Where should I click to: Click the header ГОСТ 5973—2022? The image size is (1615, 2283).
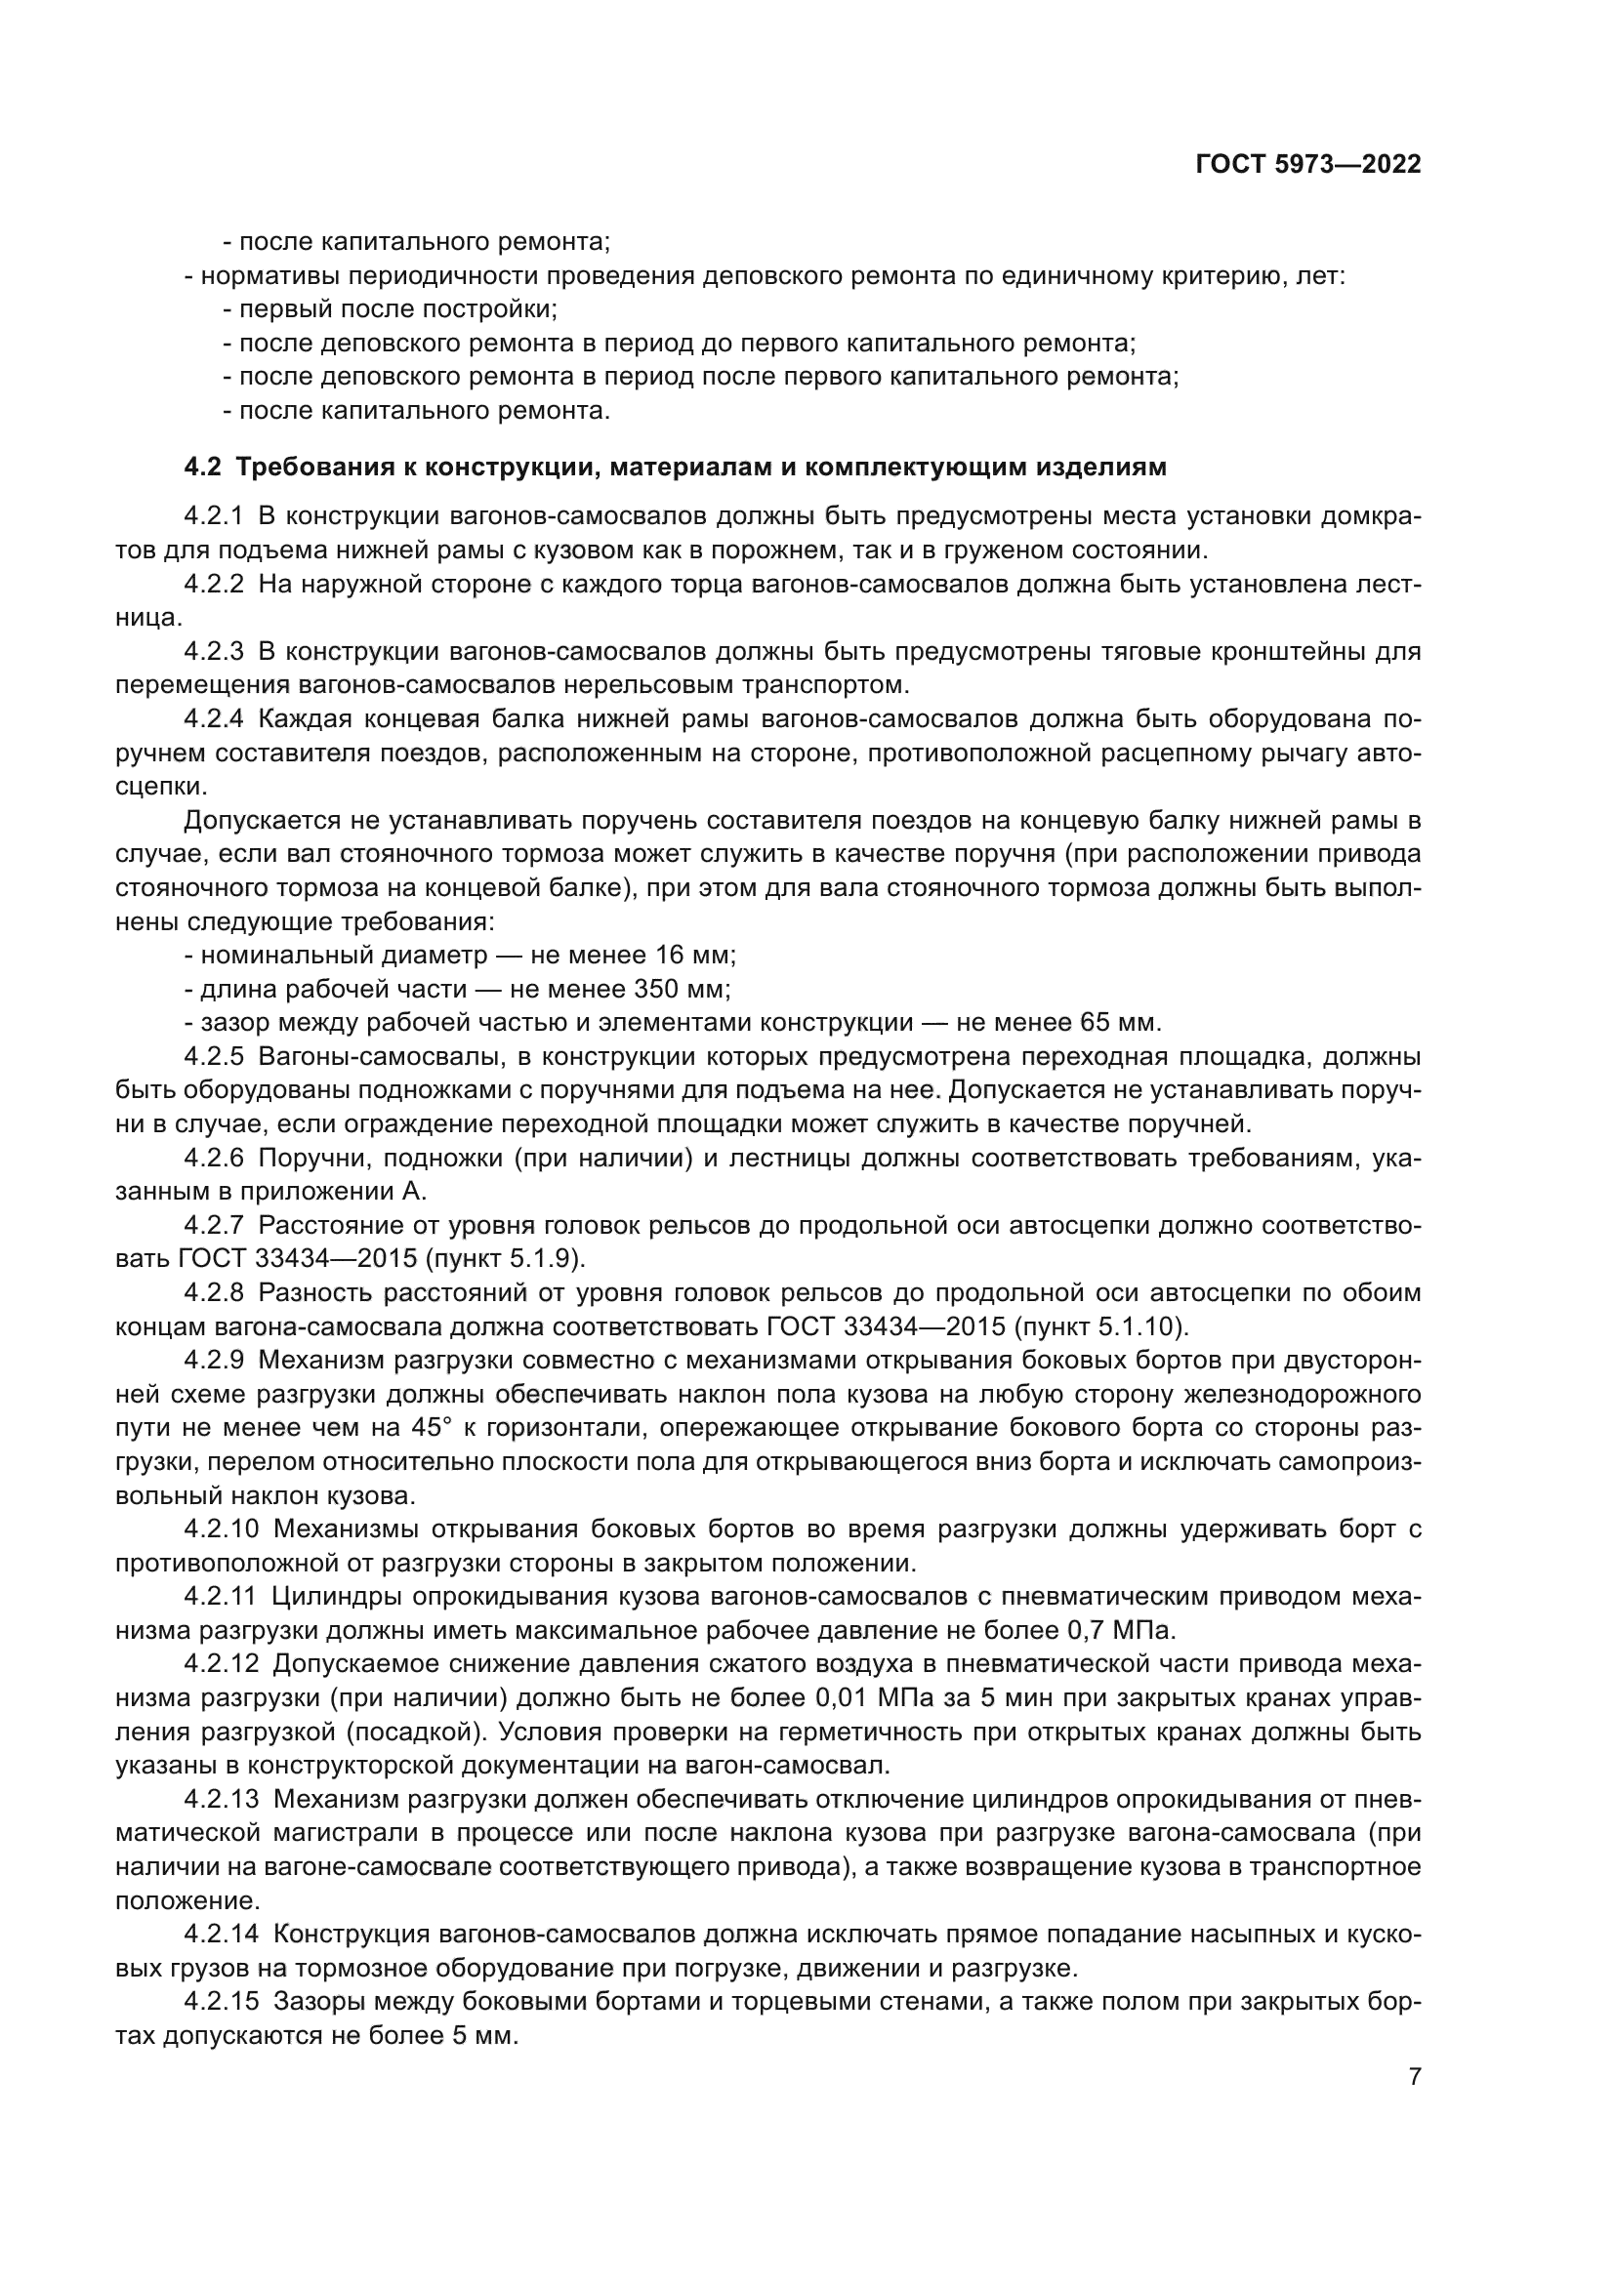[1307, 165]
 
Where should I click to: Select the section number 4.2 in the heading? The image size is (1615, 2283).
[202, 468]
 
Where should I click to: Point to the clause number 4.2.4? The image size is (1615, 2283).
[214, 719]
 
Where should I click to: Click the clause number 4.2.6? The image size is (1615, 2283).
[214, 1159]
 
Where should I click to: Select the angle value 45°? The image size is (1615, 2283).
[431, 1429]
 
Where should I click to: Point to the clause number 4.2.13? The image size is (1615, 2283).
[221, 1801]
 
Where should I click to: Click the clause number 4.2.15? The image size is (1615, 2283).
[221, 2004]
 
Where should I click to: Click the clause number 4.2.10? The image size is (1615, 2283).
[221, 1530]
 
